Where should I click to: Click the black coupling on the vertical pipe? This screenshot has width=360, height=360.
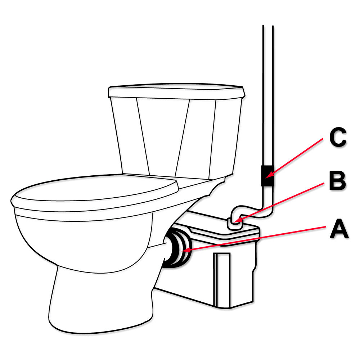(x=267, y=176)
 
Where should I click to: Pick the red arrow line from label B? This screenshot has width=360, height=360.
(x=279, y=202)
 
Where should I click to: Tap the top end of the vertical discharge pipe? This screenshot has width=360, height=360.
(x=268, y=26)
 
